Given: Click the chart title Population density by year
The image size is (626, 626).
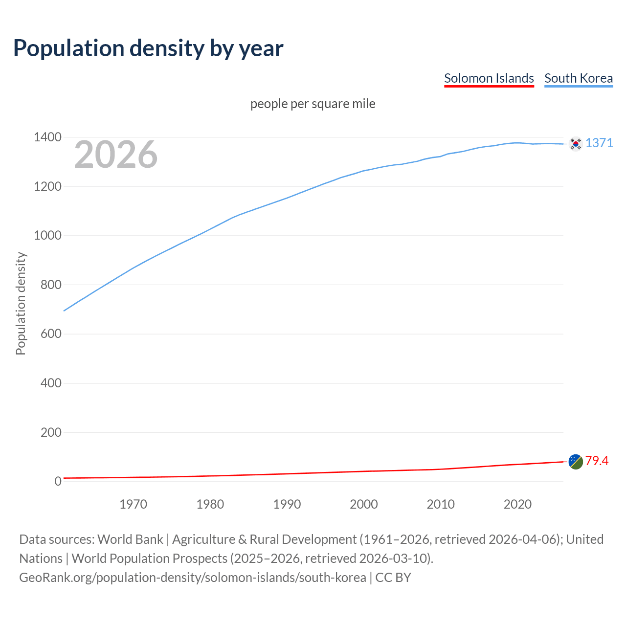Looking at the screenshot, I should (148, 48).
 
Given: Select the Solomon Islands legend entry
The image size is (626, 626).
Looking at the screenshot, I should (489, 78).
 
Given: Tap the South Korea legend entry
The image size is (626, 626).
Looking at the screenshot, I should (578, 78).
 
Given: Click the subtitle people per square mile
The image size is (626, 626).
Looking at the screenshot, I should (313, 104).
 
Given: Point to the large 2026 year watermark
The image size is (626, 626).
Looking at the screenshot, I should (116, 155).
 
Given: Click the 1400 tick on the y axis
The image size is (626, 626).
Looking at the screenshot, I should (47, 137).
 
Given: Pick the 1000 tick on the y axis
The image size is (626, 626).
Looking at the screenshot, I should (47, 236).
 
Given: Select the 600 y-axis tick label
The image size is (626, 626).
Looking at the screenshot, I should (51, 334).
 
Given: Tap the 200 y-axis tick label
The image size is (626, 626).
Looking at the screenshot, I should (51, 432).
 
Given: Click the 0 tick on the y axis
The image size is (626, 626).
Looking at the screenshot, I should (58, 481).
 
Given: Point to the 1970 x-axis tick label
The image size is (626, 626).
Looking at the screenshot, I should (133, 504).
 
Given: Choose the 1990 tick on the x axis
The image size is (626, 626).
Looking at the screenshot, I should (287, 504).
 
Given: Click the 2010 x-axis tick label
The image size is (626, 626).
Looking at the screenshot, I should (441, 504).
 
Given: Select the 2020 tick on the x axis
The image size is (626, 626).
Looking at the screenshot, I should (517, 504).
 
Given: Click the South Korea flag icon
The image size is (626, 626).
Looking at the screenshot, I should (576, 144).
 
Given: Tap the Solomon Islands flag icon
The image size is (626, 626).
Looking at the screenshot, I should (576, 462).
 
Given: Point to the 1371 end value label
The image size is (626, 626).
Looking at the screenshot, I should (599, 143).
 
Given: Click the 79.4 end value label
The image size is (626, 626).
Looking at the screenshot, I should (597, 461).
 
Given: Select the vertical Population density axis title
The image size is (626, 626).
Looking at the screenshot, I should (21, 303).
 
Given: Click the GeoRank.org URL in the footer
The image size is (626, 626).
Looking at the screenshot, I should (192, 578).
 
